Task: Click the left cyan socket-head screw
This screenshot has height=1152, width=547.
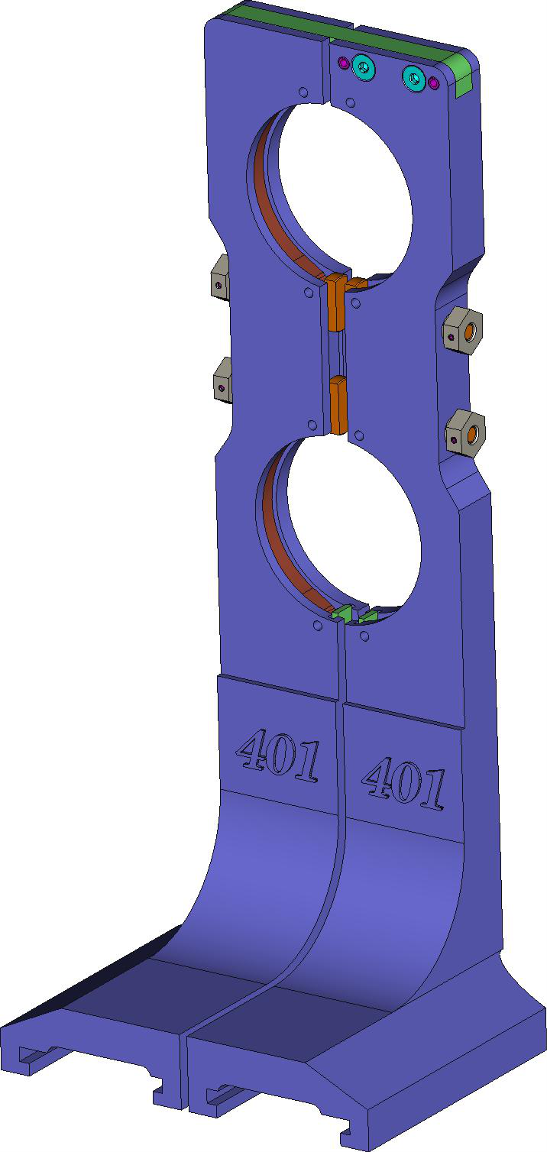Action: pos(364,67)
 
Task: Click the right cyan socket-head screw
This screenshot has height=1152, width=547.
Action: pos(414,78)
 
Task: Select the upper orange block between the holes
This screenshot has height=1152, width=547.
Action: pos(336,302)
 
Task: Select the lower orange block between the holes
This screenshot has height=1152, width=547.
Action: pos(338,403)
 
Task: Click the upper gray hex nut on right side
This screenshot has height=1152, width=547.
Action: pos(463,329)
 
